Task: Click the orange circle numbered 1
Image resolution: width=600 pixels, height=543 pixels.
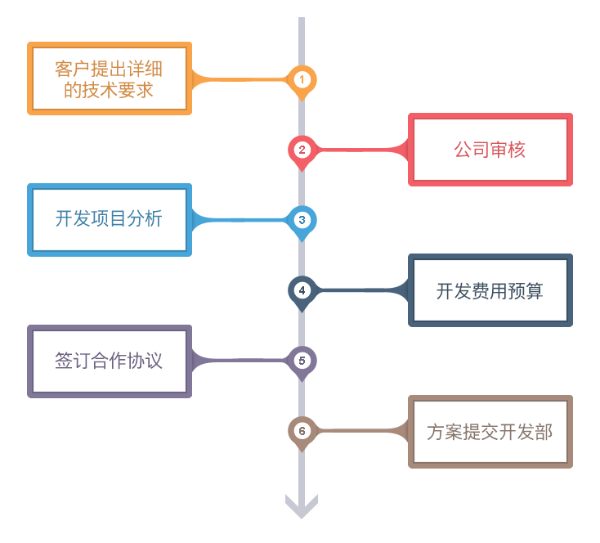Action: (x=302, y=79)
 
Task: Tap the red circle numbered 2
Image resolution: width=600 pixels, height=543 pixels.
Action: (x=302, y=149)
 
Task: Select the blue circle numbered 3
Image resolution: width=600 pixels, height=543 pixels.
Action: (x=302, y=219)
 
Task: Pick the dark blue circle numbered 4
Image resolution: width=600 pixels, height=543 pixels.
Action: (x=302, y=289)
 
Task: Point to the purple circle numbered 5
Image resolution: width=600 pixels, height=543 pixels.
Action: (x=302, y=360)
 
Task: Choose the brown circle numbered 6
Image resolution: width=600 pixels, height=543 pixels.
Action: (x=302, y=430)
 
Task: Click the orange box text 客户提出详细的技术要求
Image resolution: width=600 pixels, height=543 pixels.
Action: (x=109, y=79)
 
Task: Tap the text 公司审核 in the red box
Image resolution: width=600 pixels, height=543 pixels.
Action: (x=489, y=150)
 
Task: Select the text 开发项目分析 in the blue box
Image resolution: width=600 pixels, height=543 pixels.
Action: (x=109, y=219)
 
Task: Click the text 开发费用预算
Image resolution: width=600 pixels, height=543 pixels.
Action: (x=489, y=290)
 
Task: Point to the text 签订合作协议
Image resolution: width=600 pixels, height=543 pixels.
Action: (x=109, y=361)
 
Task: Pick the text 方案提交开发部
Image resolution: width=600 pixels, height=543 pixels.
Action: (x=489, y=432)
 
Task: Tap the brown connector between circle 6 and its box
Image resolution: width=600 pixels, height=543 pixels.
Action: (x=360, y=430)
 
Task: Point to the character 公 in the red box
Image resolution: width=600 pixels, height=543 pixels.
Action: (x=462, y=150)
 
